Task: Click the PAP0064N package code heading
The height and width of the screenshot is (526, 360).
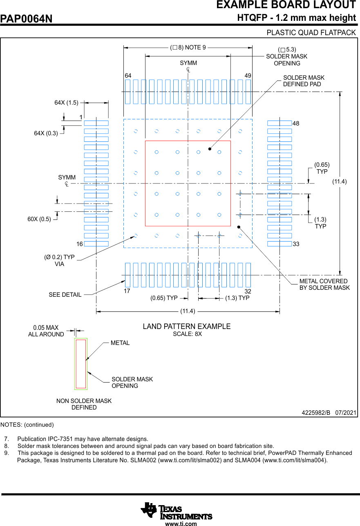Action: point(27,19)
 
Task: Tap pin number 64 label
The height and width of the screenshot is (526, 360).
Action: point(128,76)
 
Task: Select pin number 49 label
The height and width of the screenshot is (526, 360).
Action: point(248,76)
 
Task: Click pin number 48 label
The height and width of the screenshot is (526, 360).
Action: point(296,123)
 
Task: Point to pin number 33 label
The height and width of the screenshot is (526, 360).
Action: point(296,244)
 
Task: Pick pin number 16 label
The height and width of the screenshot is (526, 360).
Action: point(79,244)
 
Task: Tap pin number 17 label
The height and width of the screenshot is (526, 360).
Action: point(127,291)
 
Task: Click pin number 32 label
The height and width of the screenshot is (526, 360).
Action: point(248,291)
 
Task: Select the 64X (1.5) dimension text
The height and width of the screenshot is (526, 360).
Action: point(66,103)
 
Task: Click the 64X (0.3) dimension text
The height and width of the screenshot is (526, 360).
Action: point(46,133)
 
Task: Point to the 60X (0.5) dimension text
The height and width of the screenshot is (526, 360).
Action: point(39,219)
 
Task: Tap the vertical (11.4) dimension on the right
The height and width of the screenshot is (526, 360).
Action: point(339,181)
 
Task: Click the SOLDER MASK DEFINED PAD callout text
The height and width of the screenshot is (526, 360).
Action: point(304,81)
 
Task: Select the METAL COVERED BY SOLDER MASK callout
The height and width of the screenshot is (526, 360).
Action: point(324,284)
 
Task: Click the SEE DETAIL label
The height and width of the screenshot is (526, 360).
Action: point(65,295)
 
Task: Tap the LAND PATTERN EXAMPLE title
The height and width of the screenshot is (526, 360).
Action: point(187,327)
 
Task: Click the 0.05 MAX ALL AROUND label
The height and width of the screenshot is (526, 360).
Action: point(46,331)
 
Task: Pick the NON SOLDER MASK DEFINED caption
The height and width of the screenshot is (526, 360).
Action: point(84,404)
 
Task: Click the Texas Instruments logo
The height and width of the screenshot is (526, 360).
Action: point(177,510)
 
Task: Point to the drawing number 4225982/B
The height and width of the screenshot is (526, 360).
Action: point(315,413)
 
